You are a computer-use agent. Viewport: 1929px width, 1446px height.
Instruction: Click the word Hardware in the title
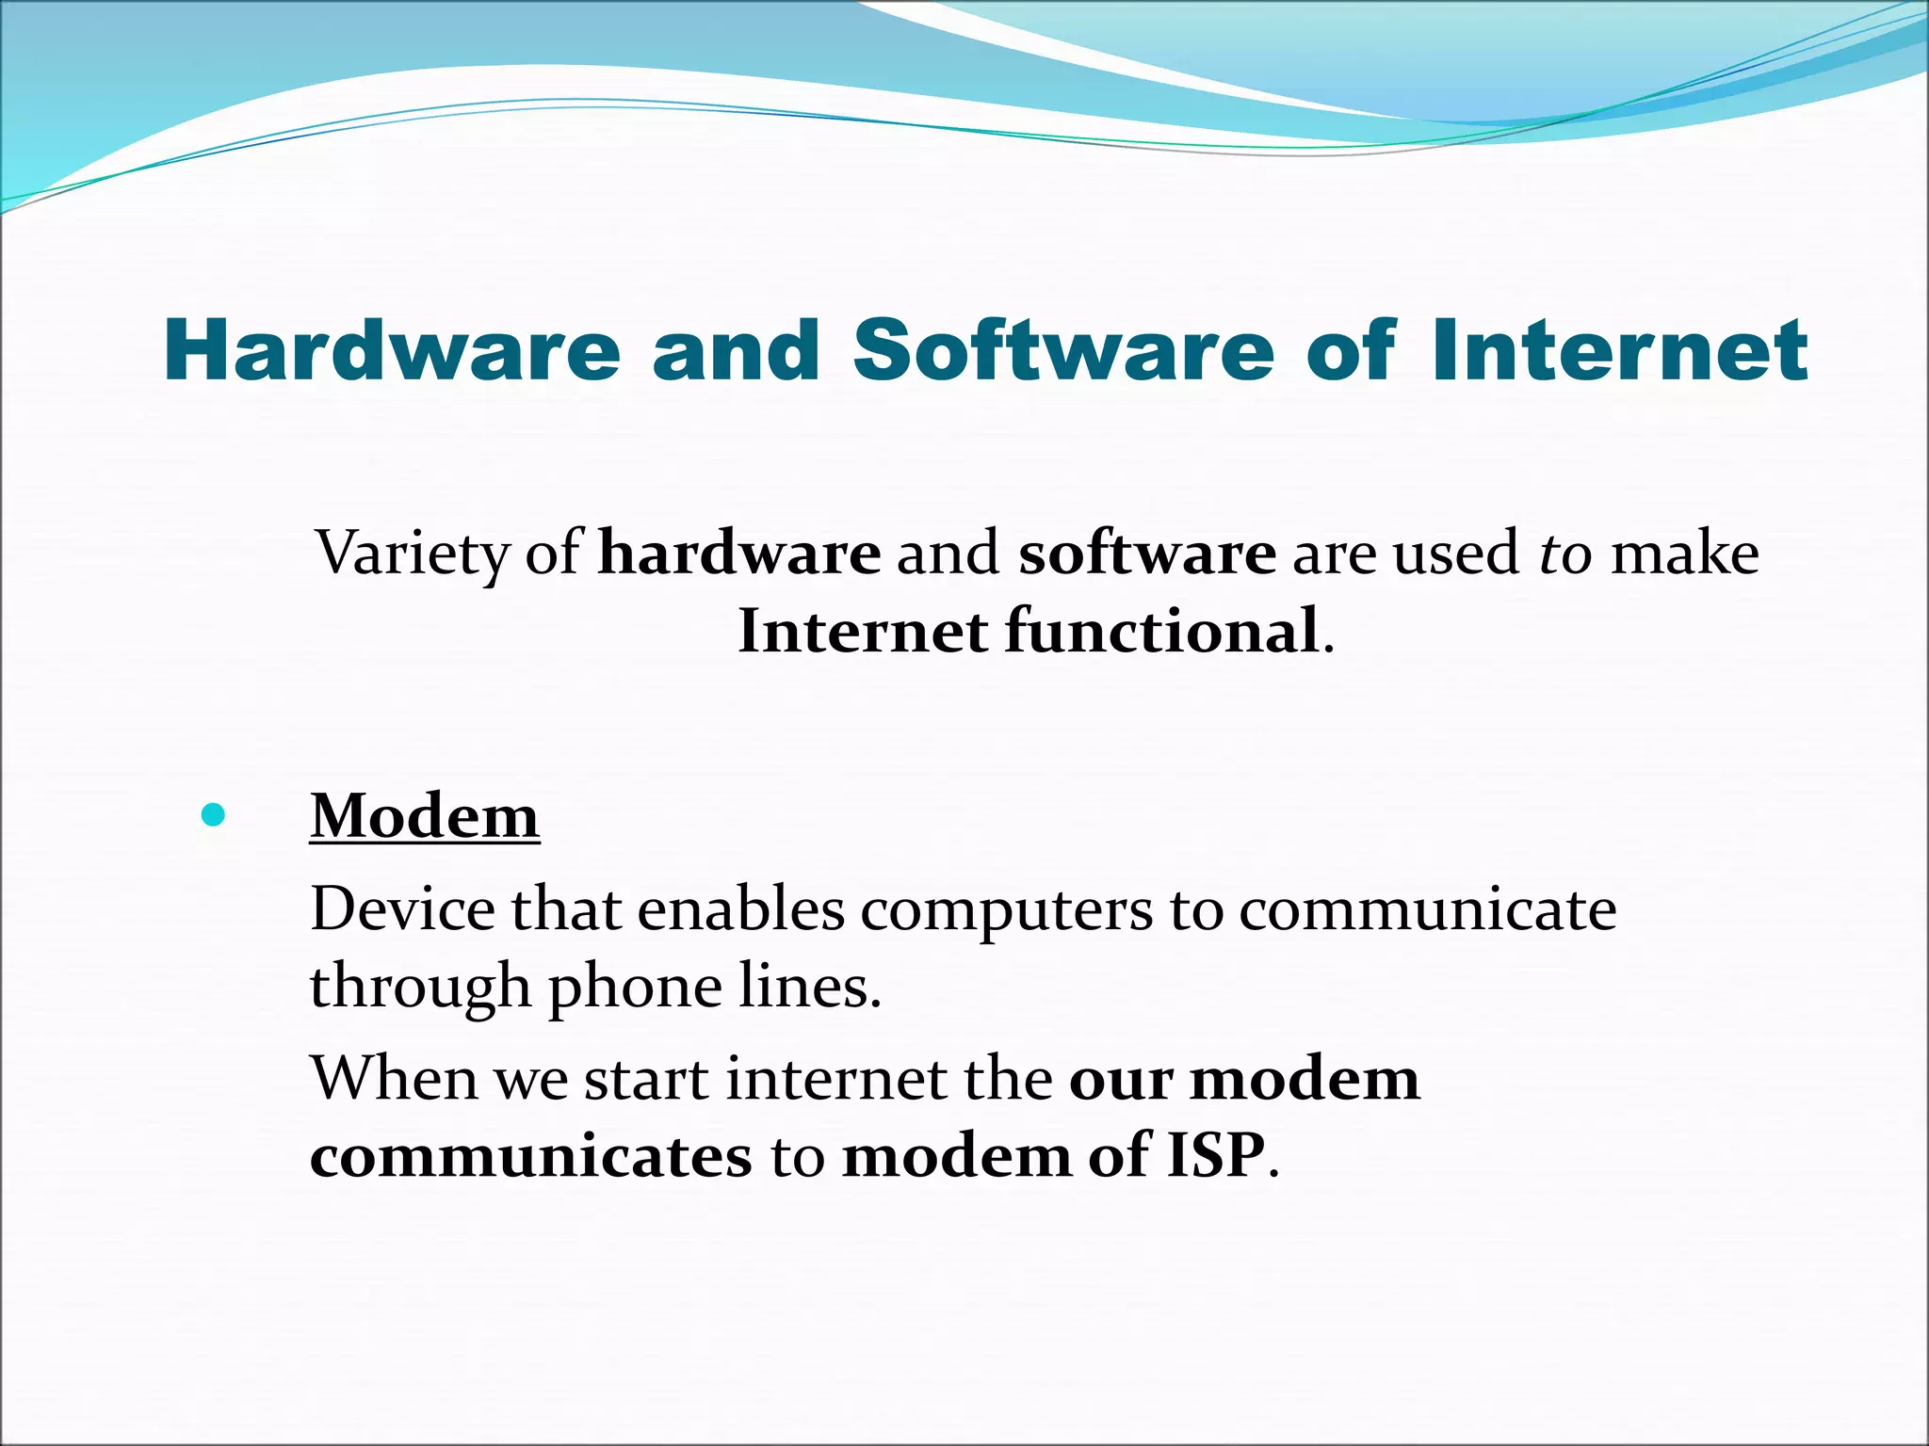(392, 350)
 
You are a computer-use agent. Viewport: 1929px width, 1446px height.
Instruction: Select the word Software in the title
(1063, 350)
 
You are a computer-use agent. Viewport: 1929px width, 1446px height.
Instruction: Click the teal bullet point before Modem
(214, 815)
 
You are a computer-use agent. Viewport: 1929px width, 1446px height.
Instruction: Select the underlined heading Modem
(425, 815)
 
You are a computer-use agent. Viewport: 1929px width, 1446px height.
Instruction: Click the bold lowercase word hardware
(739, 554)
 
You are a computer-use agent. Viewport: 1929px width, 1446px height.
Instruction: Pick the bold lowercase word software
(1147, 554)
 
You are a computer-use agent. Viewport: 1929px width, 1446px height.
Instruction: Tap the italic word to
(1565, 554)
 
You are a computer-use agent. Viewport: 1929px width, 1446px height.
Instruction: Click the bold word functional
(1161, 631)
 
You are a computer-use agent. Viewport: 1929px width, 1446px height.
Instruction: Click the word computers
(1005, 911)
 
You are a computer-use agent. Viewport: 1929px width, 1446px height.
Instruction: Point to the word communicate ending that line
(1427, 909)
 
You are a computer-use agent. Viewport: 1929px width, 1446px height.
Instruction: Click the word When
(394, 1079)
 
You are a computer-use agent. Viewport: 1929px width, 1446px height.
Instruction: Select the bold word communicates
(531, 1156)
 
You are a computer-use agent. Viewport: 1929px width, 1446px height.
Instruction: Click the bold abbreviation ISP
(1216, 1156)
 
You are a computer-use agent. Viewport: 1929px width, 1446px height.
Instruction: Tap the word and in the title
(737, 350)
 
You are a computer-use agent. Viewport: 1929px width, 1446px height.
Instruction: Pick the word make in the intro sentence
(1684, 554)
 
